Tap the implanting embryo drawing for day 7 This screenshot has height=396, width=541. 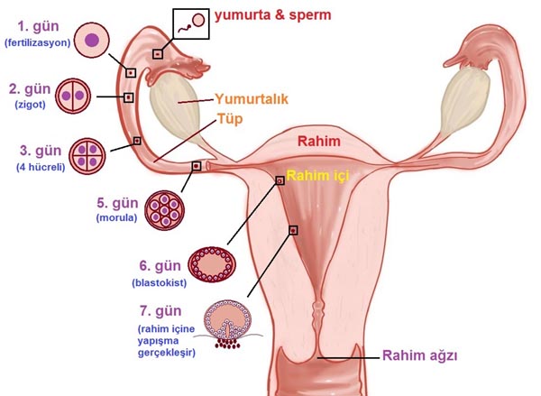[x=229, y=324]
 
